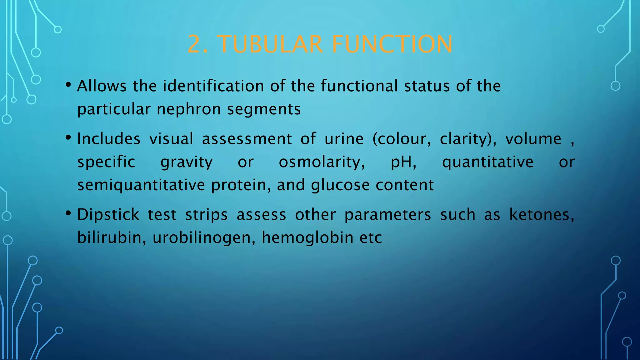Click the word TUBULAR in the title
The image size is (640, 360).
coord(270,44)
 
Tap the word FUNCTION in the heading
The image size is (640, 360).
coord(392,44)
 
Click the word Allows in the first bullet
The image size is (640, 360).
coord(102,86)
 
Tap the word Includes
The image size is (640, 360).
coord(109,139)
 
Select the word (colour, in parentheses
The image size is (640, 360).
coord(402,139)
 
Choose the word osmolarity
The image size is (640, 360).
coord(322,162)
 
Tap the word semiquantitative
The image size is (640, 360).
coord(141,185)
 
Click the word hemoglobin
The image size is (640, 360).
coord(307,238)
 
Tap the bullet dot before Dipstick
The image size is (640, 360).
coord(68,213)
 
